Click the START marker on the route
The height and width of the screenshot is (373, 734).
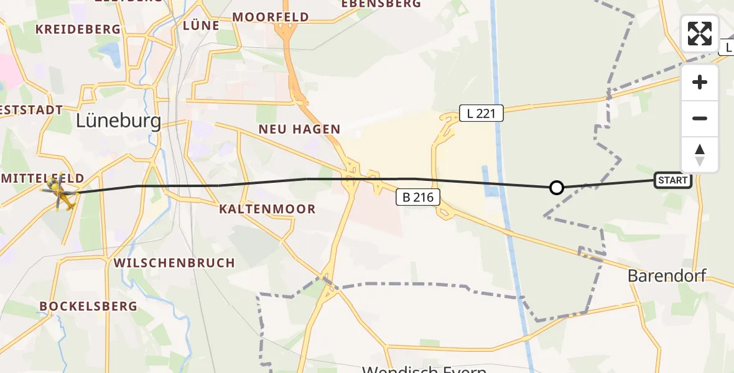click(673, 181)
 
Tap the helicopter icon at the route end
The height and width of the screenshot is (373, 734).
click(60, 193)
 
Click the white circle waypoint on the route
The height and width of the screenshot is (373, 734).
click(557, 187)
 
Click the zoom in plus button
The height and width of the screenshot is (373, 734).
click(700, 83)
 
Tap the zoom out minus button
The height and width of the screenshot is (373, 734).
click(700, 119)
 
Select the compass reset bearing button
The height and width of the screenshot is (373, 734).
click(700, 155)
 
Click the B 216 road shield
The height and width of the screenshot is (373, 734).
click(419, 198)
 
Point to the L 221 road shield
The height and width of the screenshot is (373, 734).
click(481, 113)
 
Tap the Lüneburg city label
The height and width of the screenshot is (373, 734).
click(118, 121)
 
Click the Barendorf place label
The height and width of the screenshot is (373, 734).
click(667, 275)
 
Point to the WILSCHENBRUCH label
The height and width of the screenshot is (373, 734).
click(174, 263)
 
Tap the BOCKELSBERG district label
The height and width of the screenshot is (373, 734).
click(88, 306)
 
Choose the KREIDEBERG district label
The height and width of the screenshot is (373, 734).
click(78, 29)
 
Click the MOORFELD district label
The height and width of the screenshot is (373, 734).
click(271, 17)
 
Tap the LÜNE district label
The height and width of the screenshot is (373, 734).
click(202, 25)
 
